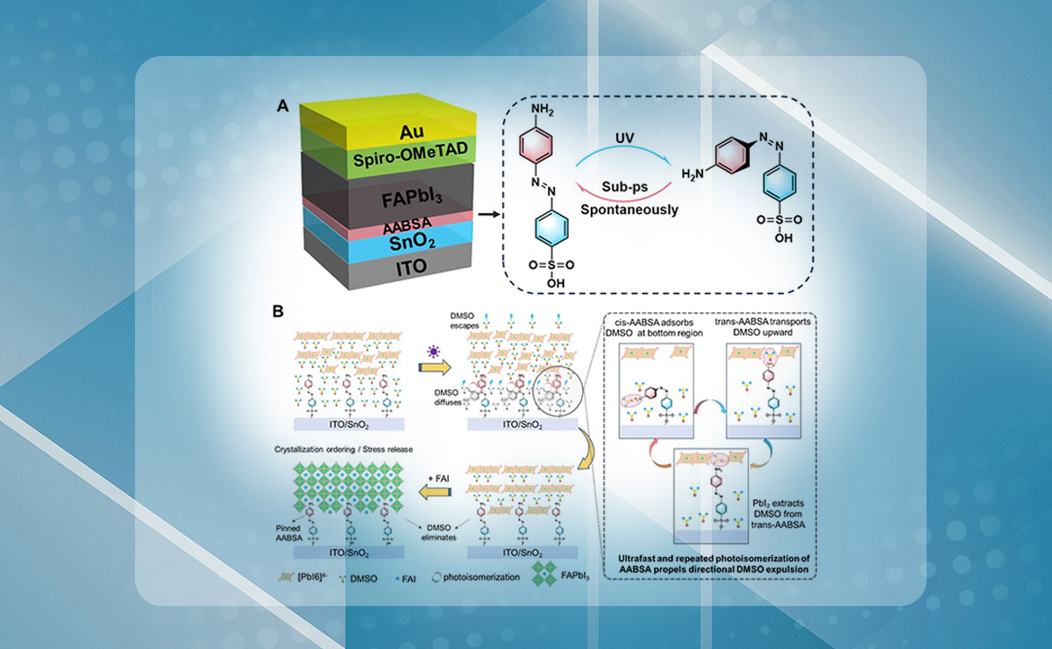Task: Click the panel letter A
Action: [283, 106]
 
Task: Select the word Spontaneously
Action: [625, 210]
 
